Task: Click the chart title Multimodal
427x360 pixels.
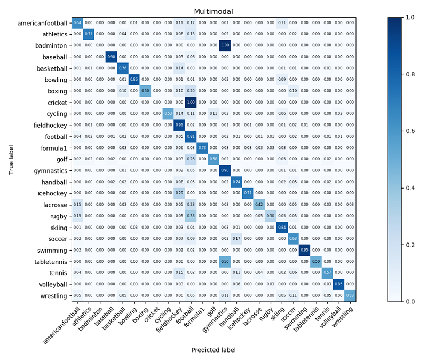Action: click(213, 11)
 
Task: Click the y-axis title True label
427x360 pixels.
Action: click(11, 159)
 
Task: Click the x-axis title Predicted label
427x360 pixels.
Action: click(213, 350)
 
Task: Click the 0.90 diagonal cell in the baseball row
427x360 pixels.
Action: click(112, 57)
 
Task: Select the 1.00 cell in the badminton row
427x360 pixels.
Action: click(225, 45)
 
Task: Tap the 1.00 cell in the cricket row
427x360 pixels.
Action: click(191, 102)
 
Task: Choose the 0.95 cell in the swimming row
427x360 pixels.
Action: click(304, 250)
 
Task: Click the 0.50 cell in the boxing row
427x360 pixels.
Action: click(145, 91)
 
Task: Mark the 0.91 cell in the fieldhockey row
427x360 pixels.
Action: click(179, 125)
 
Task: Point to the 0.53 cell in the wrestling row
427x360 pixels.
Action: click(350, 295)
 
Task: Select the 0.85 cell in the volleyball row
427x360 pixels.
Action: click(338, 284)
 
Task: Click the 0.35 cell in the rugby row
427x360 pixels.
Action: click(191, 216)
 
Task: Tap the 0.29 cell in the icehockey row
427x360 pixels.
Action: click(179, 193)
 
